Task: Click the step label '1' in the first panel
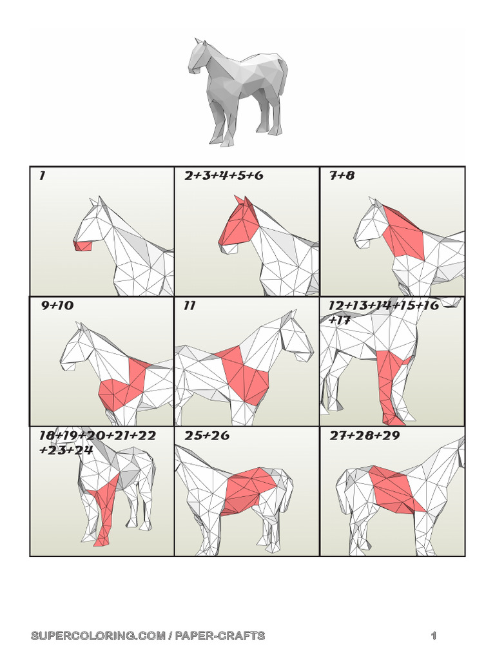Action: point(42,175)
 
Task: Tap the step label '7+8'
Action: point(342,175)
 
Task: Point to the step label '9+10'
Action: point(57,306)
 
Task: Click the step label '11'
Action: point(189,306)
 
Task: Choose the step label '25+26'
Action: point(206,436)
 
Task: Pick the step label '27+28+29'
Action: point(365,436)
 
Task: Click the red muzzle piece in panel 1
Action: point(82,246)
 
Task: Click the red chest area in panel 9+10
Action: point(122,387)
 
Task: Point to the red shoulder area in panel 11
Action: point(242,374)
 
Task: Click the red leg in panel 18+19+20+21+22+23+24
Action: point(104,509)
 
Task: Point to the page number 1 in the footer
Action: point(434,636)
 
